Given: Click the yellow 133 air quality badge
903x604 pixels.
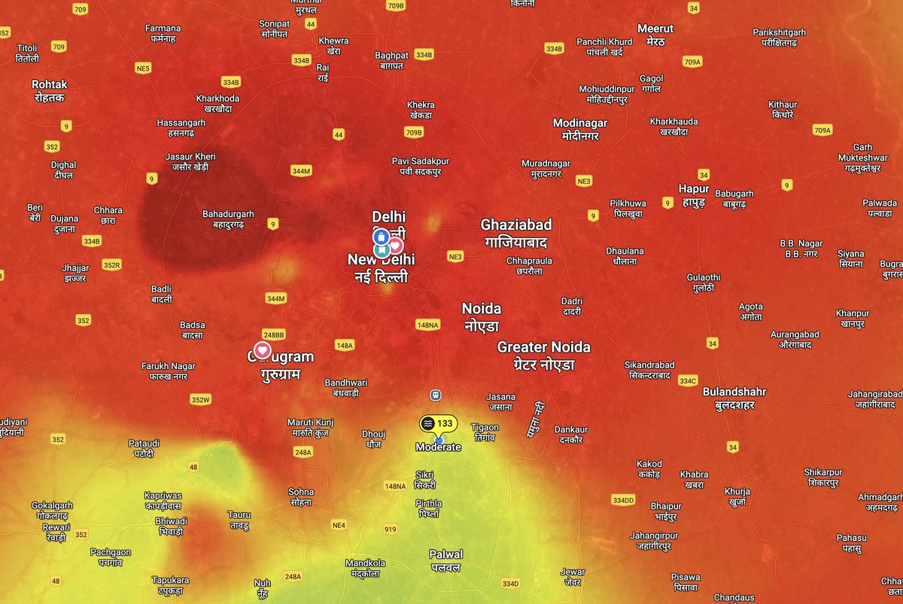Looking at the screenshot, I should [x=437, y=423].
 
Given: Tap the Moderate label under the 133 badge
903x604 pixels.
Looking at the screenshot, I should [x=438, y=447].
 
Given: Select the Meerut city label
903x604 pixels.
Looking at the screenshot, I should [x=655, y=35].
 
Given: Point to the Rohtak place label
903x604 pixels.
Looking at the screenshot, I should [x=49, y=91].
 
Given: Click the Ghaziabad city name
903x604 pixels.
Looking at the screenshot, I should [x=516, y=233].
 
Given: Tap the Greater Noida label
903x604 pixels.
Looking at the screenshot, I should [x=543, y=355].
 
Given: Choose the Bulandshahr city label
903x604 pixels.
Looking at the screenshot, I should [x=734, y=398].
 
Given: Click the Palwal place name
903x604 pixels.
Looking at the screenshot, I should [x=445, y=560].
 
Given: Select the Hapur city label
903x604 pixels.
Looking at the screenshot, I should [x=693, y=194].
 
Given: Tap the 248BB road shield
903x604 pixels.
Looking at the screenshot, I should [x=273, y=334].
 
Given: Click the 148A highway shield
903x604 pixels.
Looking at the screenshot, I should [x=345, y=346].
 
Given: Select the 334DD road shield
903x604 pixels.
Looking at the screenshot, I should [x=623, y=500].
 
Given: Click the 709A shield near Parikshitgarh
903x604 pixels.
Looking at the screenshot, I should [x=693, y=62].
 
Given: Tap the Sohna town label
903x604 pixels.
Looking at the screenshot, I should [x=301, y=497].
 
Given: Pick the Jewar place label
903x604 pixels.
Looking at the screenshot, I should [x=573, y=577].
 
